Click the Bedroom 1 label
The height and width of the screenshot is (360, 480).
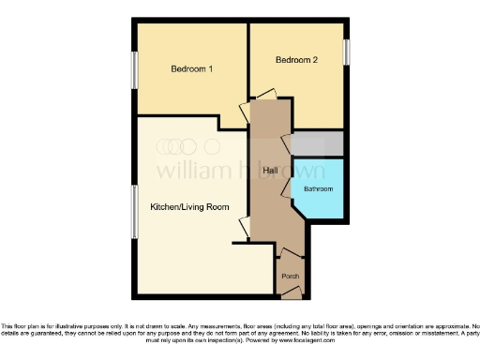[x=191, y=69]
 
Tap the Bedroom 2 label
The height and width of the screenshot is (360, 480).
[x=296, y=61]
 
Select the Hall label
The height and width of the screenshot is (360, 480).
[x=270, y=170]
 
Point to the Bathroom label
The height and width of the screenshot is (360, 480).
[x=317, y=189]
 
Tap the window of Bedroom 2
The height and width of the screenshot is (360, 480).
[x=347, y=52]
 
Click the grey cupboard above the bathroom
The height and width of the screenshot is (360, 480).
[x=317, y=143]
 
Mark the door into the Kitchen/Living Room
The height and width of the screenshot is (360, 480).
[x=246, y=226]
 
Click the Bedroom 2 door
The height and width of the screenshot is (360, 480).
[x=265, y=94]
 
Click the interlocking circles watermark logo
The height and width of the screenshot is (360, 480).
[x=176, y=146]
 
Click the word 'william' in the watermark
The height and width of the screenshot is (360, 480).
[x=187, y=171]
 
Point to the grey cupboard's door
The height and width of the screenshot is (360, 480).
[x=286, y=142]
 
